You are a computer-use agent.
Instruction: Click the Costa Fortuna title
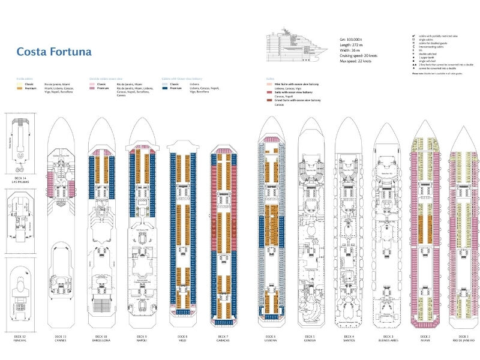(54, 52)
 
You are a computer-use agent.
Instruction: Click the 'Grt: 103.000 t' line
(352, 40)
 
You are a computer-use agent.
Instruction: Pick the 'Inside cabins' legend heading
(24, 79)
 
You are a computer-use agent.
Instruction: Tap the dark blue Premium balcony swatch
(166, 88)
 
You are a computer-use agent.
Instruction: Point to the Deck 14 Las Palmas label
(20, 164)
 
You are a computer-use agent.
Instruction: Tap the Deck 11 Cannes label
(59, 339)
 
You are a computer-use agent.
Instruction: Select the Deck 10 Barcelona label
(100, 339)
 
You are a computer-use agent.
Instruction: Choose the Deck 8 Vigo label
(182, 339)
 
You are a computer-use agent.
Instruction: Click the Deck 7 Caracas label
(222, 339)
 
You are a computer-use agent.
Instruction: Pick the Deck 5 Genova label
(309, 339)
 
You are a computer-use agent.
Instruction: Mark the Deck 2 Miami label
(424, 339)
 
